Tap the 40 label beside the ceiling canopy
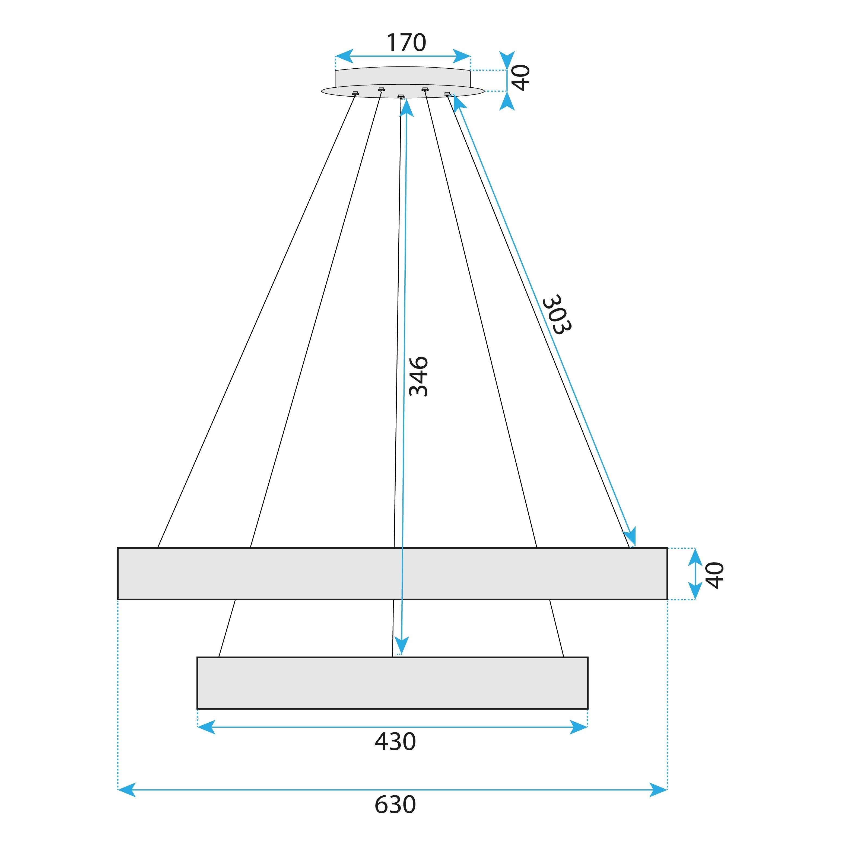(522, 78)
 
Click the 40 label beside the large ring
(714, 575)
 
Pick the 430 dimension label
(395, 742)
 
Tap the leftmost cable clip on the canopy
(355, 93)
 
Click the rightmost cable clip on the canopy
(447, 94)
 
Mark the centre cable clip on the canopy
(401, 96)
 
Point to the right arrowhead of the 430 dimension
(579, 727)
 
